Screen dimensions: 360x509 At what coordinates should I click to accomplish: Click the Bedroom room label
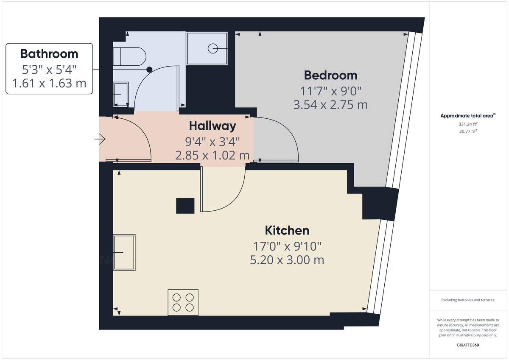[x=330, y=75]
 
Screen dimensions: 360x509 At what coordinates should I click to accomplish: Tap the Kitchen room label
[x=287, y=231]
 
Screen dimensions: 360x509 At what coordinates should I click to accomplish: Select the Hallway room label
[x=212, y=126]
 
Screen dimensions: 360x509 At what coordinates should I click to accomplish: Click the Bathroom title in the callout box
[x=49, y=54]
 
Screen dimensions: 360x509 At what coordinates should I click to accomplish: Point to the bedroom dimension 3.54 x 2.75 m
[x=330, y=104]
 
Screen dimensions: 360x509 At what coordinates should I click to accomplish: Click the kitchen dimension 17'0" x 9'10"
[x=287, y=246]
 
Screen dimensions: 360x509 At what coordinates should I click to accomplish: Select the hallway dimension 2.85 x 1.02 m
[x=212, y=155]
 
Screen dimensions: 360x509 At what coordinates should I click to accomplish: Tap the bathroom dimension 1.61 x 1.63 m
[x=49, y=84]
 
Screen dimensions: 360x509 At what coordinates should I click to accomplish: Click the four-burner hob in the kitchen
[x=183, y=302]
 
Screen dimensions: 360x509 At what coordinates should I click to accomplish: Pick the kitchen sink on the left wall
[x=124, y=252]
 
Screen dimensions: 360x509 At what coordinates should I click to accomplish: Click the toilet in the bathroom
[x=132, y=56]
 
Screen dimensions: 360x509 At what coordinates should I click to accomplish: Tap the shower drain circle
[x=213, y=48]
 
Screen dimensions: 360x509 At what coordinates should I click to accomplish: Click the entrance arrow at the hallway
[x=101, y=139]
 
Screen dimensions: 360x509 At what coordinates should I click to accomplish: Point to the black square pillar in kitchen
[x=185, y=206]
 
